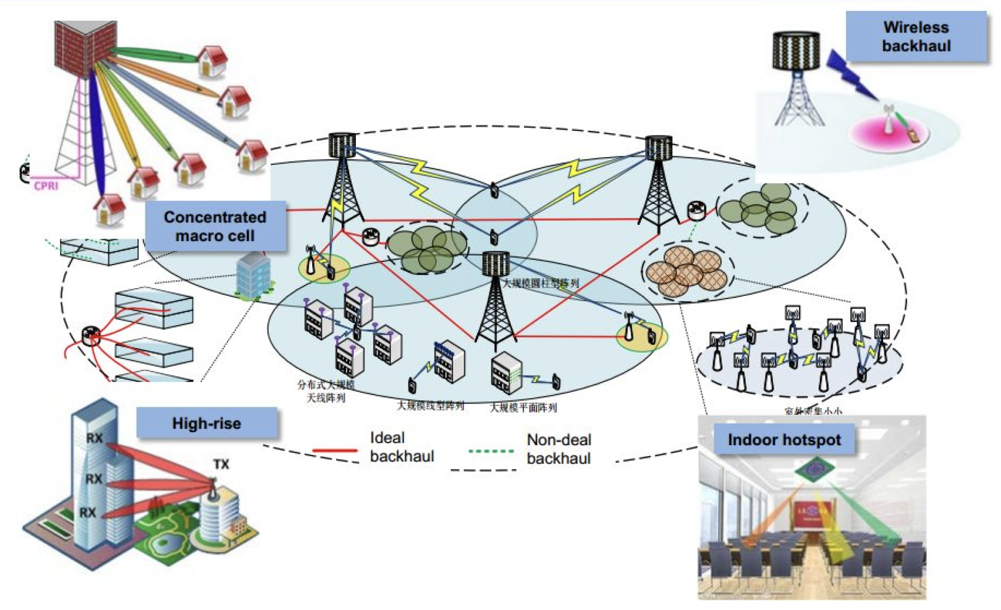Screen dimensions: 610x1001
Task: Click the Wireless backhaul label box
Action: pyautogui.click(x=916, y=36)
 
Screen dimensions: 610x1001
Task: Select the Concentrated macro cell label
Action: pyautogui.click(x=215, y=226)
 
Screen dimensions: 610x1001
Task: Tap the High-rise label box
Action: pyautogui.click(x=207, y=424)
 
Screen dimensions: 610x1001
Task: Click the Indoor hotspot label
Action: pyautogui.click(x=784, y=440)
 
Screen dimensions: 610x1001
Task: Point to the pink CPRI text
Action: pyautogui.click(x=46, y=186)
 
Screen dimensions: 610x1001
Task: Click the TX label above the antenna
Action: pyautogui.click(x=221, y=464)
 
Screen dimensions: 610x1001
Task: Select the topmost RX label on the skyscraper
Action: pyautogui.click(x=94, y=438)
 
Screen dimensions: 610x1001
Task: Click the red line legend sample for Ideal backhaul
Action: pyautogui.click(x=335, y=450)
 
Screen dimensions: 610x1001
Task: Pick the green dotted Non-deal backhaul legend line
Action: pyautogui.click(x=491, y=451)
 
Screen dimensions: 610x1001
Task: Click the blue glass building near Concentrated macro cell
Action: pyautogui.click(x=254, y=276)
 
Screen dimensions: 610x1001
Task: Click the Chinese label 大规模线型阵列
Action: pyautogui.click(x=431, y=406)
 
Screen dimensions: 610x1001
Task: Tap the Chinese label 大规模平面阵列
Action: pyautogui.click(x=523, y=408)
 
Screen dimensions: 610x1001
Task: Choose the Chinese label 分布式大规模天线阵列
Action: pyautogui.click(x=326, y=392)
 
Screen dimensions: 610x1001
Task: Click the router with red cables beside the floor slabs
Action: pyautogui.click(x=89, y=336)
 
